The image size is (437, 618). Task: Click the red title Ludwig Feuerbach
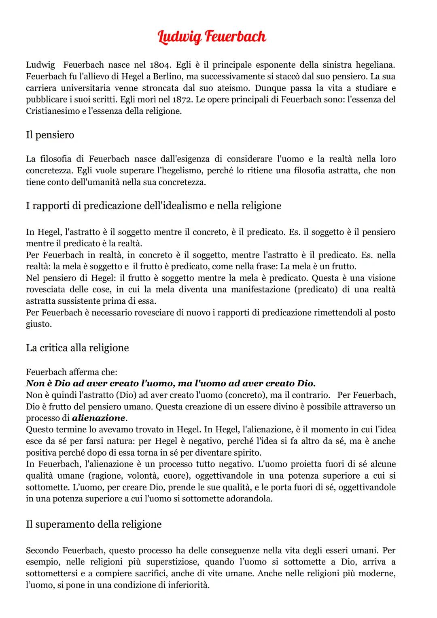[x=212, y=37]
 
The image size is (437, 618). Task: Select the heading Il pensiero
[x=50, y=134]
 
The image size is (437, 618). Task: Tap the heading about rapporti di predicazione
[x=153, y=206]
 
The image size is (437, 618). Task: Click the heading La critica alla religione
[x=77, y=348]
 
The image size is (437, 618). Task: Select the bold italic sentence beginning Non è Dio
[x=170, y=383]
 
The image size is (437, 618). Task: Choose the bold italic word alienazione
[x=99, y=418]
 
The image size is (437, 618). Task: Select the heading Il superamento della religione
[x=93, y=524]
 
